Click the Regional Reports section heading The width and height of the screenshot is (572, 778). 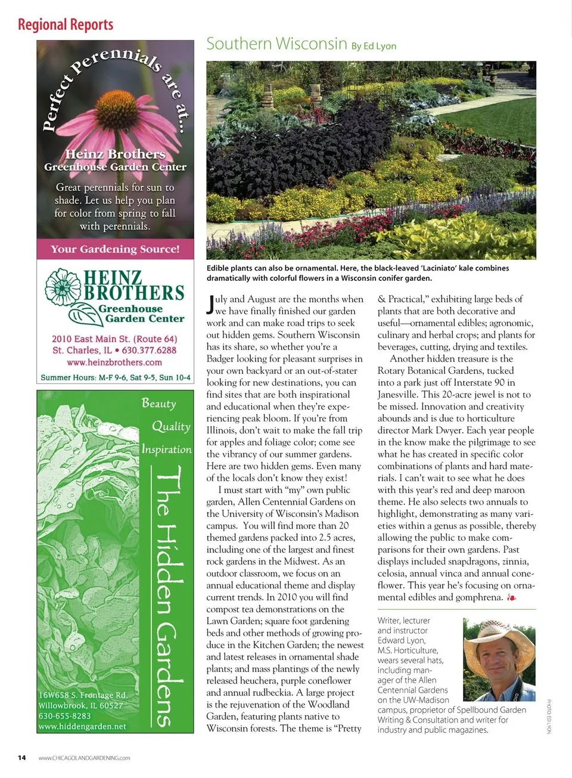click(66, 24)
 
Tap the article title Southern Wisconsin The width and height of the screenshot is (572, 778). click(276, 44)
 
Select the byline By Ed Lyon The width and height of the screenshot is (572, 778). click(374, 46)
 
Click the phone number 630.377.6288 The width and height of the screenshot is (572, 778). click(149, 350)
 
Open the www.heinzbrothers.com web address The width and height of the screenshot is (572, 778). click(114, 362)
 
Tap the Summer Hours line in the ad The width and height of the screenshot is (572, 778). click(116, 377)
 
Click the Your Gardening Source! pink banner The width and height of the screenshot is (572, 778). click(115, 249)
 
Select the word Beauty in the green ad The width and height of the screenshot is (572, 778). click(159, 403)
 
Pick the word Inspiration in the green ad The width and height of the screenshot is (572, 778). click(167, 449)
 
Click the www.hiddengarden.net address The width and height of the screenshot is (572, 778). click(82, 726)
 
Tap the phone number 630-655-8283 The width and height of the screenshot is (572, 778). click(65, 715)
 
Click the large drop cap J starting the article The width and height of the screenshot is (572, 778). click(210, 305)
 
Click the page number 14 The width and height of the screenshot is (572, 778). click(22, 758)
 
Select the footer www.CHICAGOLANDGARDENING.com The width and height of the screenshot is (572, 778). click(84, 758)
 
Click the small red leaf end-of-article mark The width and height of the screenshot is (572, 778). click(511, 597)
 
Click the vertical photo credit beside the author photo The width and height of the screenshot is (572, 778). click(549, 716)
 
